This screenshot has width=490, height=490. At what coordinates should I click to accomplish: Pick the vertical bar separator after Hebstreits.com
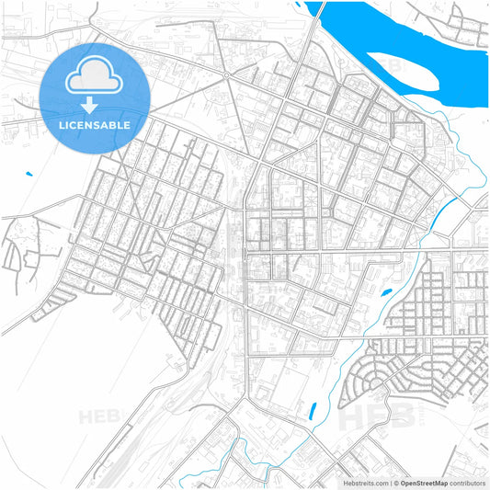[x=390, y=483]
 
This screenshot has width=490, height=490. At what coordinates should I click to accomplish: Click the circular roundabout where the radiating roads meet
[x=225, y=74]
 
